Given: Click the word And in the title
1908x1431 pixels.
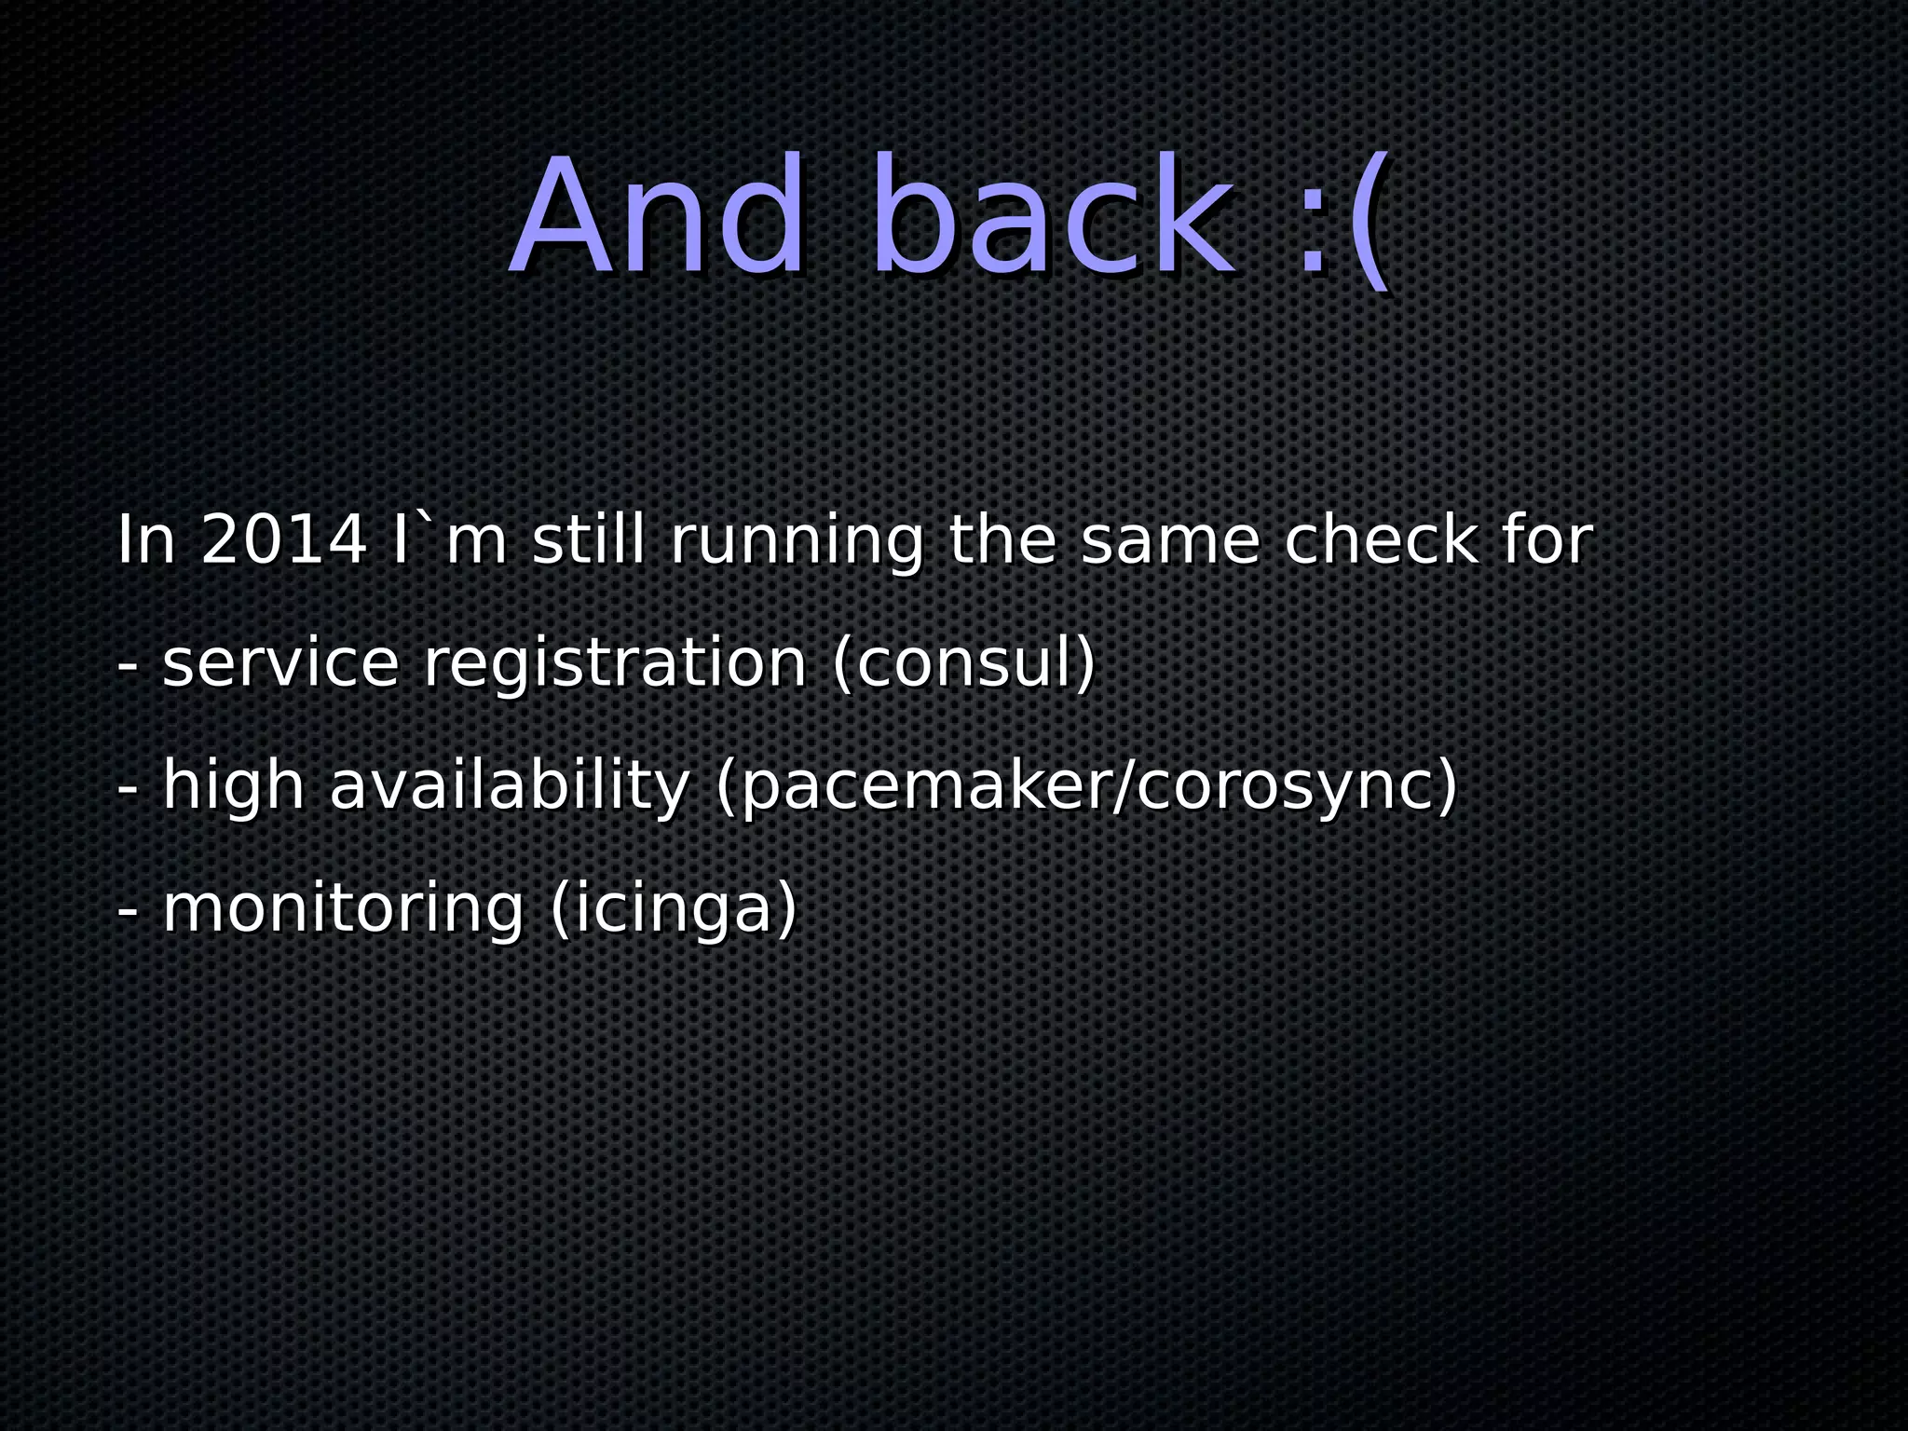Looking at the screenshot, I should (x=658, y=216).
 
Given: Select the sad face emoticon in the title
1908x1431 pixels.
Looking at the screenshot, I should (x=1342, y=224).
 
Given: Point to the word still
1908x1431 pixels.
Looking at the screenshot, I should (x=588, y=540).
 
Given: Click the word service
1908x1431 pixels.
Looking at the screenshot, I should (x=280, y=665).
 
